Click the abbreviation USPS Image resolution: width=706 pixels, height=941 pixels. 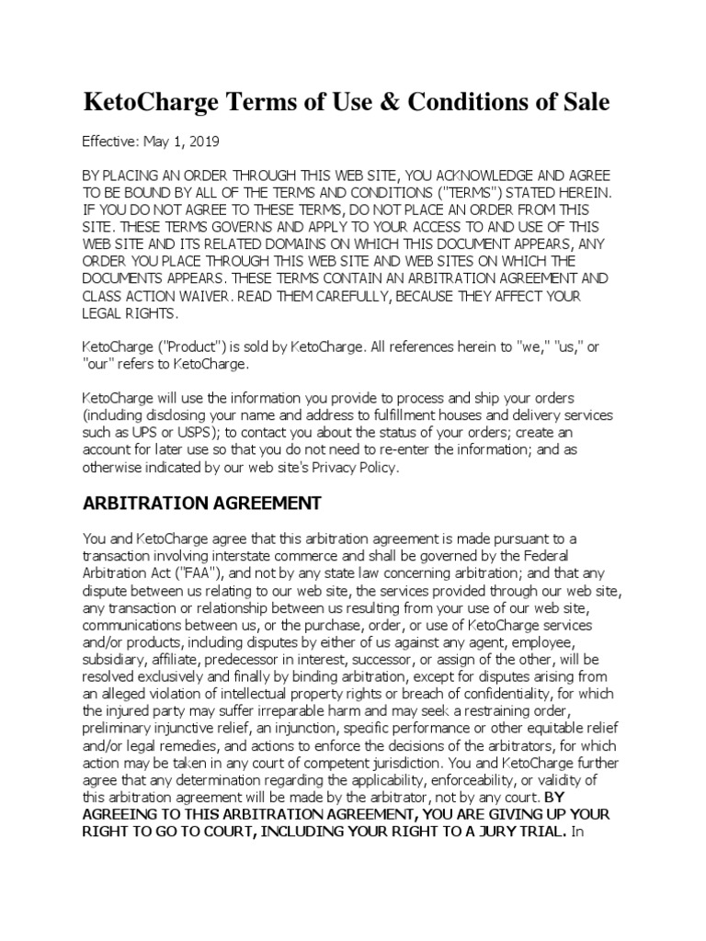(219, 432)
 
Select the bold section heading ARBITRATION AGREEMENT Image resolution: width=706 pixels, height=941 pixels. (202, 503)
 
